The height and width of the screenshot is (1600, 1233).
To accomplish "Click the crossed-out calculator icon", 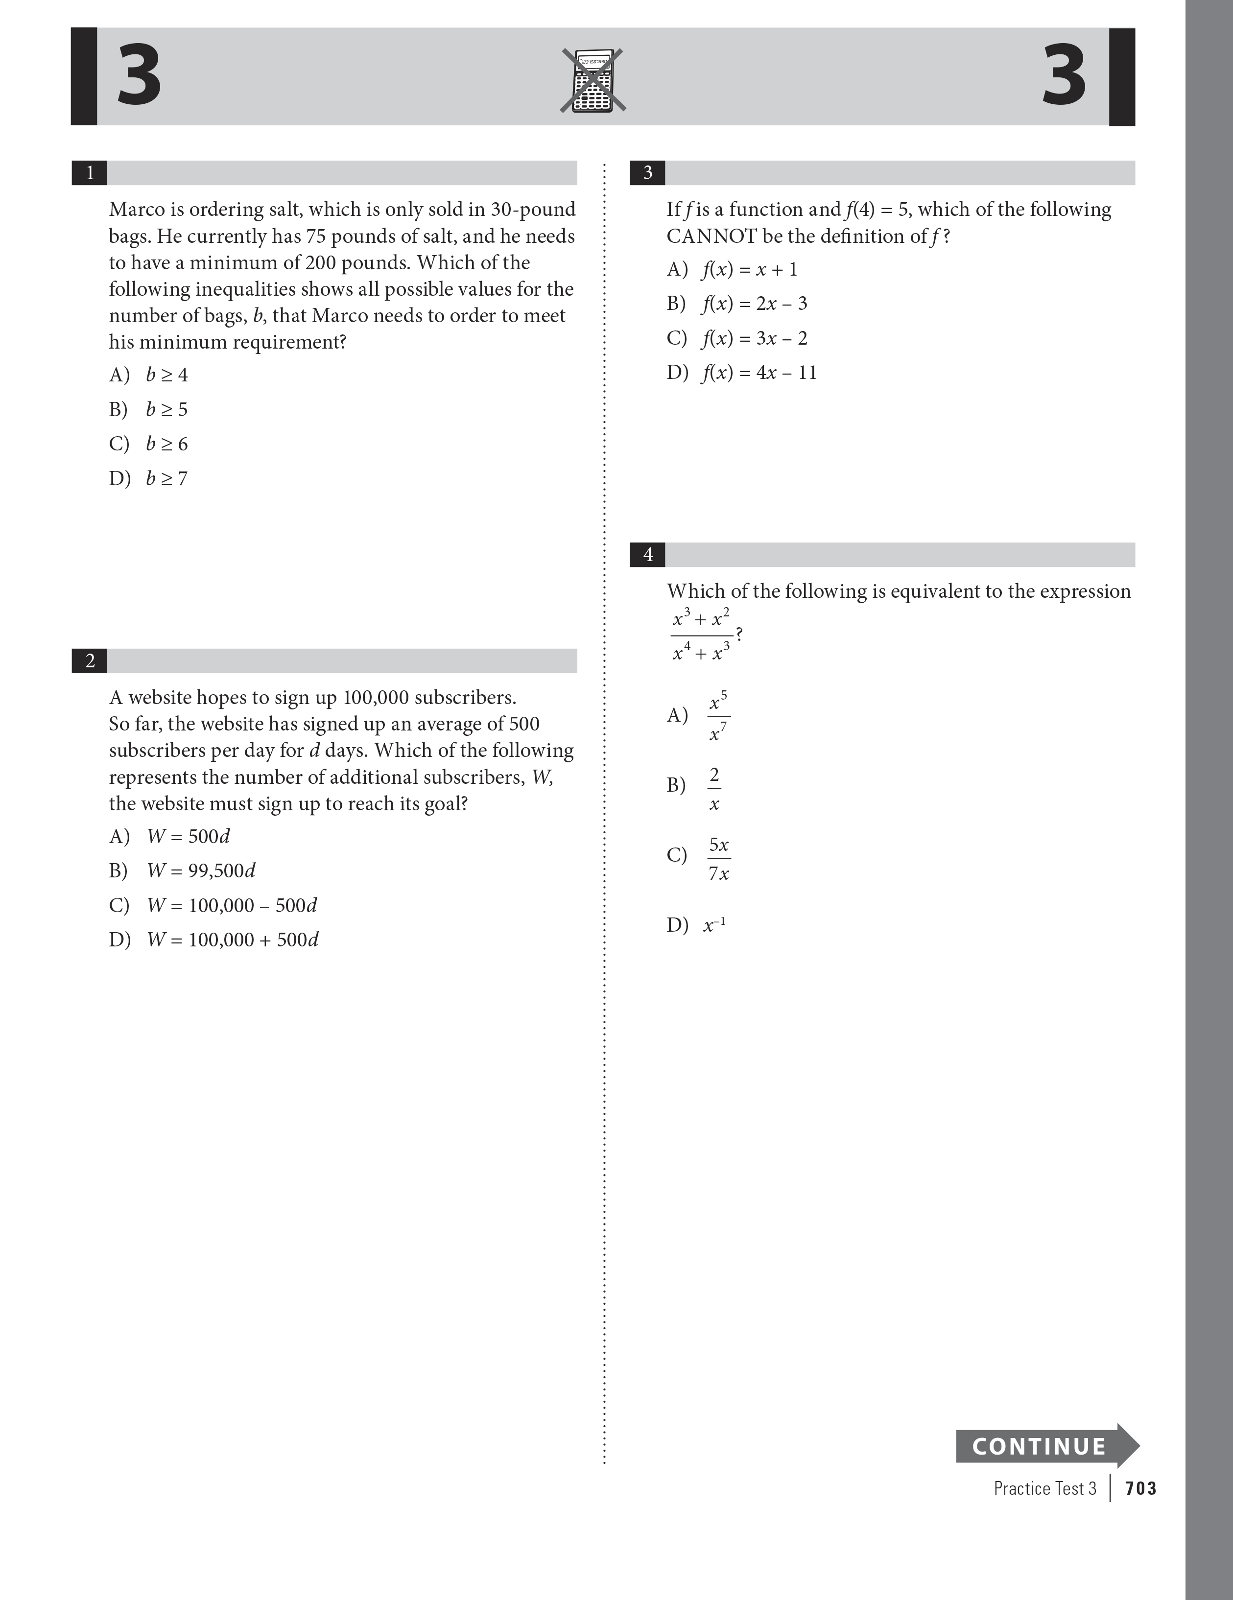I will (593, 81).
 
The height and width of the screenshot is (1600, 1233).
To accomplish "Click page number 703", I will (1140, 1488).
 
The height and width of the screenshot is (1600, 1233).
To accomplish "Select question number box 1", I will (90, 173).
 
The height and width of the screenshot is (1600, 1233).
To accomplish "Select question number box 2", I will (90, 661).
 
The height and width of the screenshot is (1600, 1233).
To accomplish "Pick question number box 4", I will (648, 555).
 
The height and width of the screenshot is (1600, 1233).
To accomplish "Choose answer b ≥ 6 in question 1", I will (166, 444).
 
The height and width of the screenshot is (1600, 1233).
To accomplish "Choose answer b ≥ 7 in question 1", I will (166, 478).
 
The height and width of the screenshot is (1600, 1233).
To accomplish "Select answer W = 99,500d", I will (201, 871).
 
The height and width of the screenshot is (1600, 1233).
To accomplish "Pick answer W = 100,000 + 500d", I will (232, 940).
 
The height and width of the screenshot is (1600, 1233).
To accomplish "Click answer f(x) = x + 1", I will (749, 270).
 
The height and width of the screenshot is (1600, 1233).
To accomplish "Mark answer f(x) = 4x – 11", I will (759, 373).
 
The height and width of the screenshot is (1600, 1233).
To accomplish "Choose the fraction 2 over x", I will (714, 789).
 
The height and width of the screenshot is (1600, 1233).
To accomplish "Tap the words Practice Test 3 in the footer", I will (1044, 1488).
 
